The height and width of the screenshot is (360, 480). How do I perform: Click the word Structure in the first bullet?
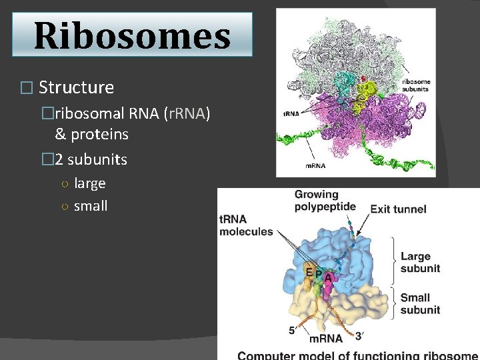pyautogui.click(x=76, y=87)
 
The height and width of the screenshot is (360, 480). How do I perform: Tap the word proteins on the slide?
pyautogui.click(x=99, y=134)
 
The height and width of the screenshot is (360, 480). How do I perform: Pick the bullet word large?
pyautogui.click(x=89, y=183)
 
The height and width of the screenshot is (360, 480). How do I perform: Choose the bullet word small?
pyautogui.click(x=91, y=206)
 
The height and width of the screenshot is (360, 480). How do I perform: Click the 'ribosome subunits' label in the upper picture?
pyautogui.click(x=415, y=85)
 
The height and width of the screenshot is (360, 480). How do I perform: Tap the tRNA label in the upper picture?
pyautogui.click(x=291, y=113)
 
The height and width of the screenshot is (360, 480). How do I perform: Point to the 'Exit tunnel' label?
pyautogui.click(x=398, y=209)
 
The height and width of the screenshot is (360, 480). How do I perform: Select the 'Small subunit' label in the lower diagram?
pyautogui.click(x=421, y=303)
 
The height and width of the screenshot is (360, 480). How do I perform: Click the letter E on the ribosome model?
pyautogui.click(x=309, y=271)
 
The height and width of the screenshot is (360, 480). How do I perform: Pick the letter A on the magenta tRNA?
pyautogui.click(x=328, y=277)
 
